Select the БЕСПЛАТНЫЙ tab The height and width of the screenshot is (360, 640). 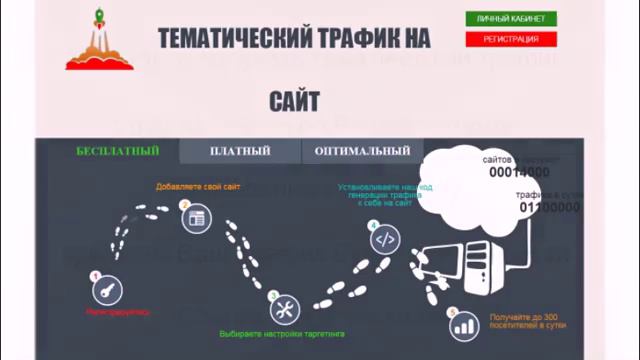click(x=118, y=151)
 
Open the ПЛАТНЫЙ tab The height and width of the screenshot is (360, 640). click(x=240, y=151)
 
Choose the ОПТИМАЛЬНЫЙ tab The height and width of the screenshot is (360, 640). click(x=362, y=151)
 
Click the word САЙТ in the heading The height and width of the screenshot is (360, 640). click(x=294, y=101)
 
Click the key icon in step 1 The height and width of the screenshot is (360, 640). click(x=105, y=291)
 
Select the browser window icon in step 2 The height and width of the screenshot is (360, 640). click(x=197, y=216)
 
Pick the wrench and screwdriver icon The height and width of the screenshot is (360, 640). click(x=284, y=307)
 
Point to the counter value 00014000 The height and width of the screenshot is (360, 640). click(x=519, y=172)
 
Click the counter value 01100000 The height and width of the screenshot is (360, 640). click(x=549, y=208)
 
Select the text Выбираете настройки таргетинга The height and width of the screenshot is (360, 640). click(x=281, y=333)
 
